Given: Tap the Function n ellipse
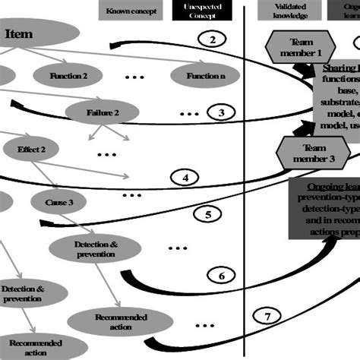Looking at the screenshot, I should (x=200, y=76).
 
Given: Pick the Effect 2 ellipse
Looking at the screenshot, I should (x=32, y=150).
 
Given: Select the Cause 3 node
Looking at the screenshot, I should (x=59, y=202).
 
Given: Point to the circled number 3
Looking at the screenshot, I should (x=220, y=112).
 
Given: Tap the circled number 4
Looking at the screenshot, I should (x=185, y=178).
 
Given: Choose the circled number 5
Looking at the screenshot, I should (x=208, y=214).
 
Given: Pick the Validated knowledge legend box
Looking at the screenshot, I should (x=292, y=11).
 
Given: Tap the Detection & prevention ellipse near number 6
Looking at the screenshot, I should (x=95, y=248).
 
